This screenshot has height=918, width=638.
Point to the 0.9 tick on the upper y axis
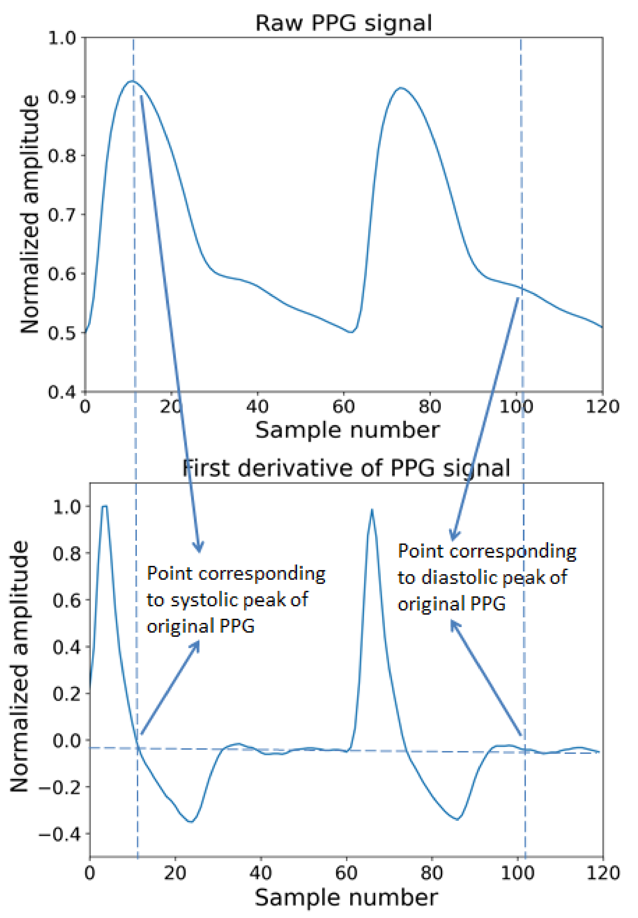pos(62,97)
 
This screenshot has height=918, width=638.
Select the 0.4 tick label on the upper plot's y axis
pos(62,392)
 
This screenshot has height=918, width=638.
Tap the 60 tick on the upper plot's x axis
pos(344,407)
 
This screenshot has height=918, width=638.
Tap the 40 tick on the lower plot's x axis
pos(261,873)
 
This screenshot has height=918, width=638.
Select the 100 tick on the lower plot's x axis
pos(518,873)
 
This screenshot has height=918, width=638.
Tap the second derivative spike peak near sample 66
pos(372,510)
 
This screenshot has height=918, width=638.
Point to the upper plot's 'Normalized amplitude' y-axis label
pos(30,214)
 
